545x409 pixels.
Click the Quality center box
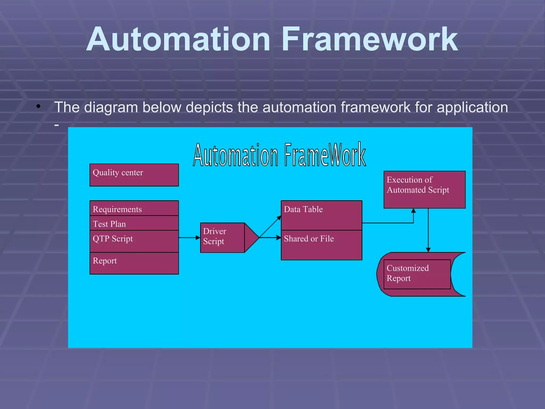tap(134, 175)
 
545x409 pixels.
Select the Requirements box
tap(134, 208)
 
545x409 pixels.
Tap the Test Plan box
tap(134, 223)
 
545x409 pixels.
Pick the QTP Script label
tap(113, 239)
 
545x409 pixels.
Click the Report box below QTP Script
tap(134, 263)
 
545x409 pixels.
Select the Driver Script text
tap(214, 236)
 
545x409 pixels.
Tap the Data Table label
tap(303, 209)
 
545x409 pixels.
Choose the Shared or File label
tap(309, 239)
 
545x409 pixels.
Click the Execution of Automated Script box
tap(424, 190)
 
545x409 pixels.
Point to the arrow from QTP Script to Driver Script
tap(189, 238)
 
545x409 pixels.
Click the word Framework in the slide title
tap(370, 39)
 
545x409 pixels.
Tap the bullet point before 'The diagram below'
tap(39, 107)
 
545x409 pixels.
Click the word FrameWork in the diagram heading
tap(325, 154)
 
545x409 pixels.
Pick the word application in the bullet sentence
tap(472, 108)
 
